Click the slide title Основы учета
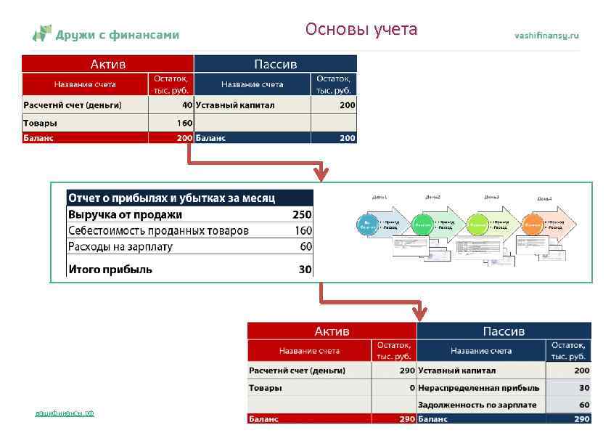[x=361, y=30]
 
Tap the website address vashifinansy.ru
[x=546, y=35]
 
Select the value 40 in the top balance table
[x=186, y=105]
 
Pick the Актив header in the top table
[x=107, y=64]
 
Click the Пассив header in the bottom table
[x=503, y=331]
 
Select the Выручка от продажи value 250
[x=302, y=214]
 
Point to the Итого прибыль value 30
[x=305, y=270]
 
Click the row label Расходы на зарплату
[x=120, y=246]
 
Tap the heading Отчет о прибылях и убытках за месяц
[x=171, y=198]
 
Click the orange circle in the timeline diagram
[x=533, y=226]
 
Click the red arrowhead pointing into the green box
[x=321, y=174]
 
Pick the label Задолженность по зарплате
[x=477, y=405]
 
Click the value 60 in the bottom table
[x=584, y=405]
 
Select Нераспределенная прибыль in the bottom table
[x=478, y=388]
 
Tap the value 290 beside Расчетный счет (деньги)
[x=406, y=370]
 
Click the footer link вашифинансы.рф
[x=65, y=413]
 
